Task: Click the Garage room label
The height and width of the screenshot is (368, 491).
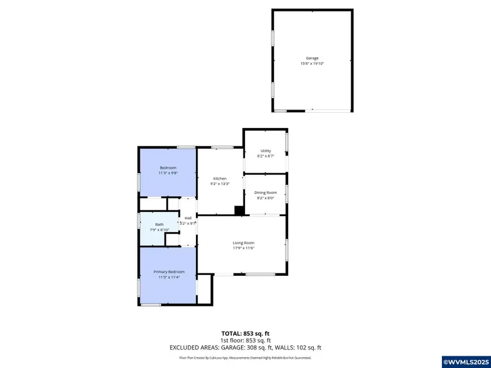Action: point(312,58)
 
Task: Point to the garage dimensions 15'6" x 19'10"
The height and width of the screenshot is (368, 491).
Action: point(312,64)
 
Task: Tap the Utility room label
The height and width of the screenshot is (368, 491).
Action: point(265,151)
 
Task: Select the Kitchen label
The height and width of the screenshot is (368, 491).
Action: point(220,179)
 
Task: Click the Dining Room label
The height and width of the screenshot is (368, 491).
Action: point(265,192)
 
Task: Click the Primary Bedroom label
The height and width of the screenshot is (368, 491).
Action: point(169,272)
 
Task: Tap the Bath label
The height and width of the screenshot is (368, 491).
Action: point(159,224)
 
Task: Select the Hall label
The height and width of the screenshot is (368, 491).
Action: point(188,218)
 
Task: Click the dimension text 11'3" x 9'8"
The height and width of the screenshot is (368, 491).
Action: point(169,173)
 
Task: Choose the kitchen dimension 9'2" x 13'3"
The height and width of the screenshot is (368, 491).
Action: point(220,184)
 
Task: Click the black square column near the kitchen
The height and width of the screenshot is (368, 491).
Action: point(238,210)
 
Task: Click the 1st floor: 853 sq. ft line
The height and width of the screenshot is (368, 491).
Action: point(245,340)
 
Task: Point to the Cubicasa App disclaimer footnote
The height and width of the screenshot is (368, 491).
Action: point(245,358)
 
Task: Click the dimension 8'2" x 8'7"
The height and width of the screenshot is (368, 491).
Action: point(265,156)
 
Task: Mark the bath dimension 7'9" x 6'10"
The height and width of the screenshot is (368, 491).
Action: point(159,230)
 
